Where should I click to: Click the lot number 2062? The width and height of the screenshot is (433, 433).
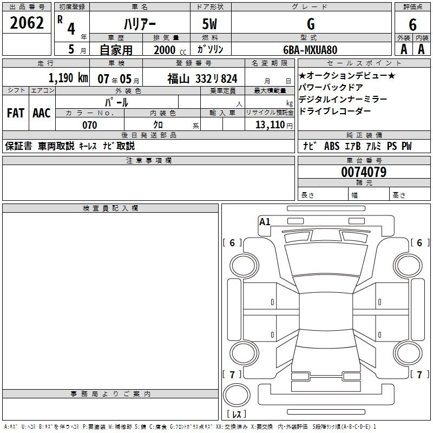click(27, 23)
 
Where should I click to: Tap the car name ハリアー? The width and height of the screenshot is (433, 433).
click(140, 24)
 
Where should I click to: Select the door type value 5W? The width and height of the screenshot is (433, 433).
click(209, 24)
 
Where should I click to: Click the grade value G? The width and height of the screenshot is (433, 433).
click(311, 24)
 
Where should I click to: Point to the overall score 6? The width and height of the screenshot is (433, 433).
click(412, 25)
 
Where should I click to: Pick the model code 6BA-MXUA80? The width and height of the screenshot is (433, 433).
click(310, 50)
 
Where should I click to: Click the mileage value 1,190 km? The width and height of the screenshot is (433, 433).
click(69, 78)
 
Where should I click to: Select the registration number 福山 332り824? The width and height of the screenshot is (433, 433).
click(202, 79)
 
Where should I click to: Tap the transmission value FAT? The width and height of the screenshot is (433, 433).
click(16, 113)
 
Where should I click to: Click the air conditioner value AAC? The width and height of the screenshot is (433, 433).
click(42, 113)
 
